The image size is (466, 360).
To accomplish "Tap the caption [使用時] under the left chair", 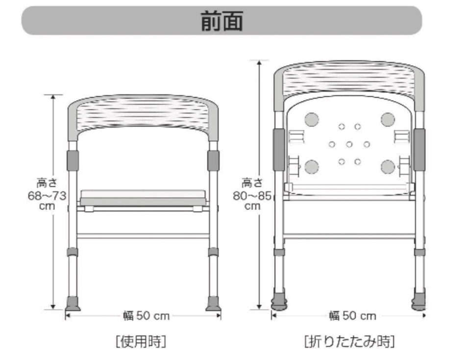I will click(141, 341).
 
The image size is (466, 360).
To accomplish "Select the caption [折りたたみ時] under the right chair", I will click(349, 341).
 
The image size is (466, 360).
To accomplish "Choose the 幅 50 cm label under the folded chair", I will click(353, 316).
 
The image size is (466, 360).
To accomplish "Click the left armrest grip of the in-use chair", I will click(73, 160).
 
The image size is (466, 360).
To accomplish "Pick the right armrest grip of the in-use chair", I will click(213, 160).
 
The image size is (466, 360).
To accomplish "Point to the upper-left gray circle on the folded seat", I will click(311, 119).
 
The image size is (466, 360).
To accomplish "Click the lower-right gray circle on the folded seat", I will click(388, 167).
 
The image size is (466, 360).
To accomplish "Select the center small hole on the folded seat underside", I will click(349, 144).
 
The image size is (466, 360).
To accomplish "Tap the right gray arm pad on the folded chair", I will click(419, 149).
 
